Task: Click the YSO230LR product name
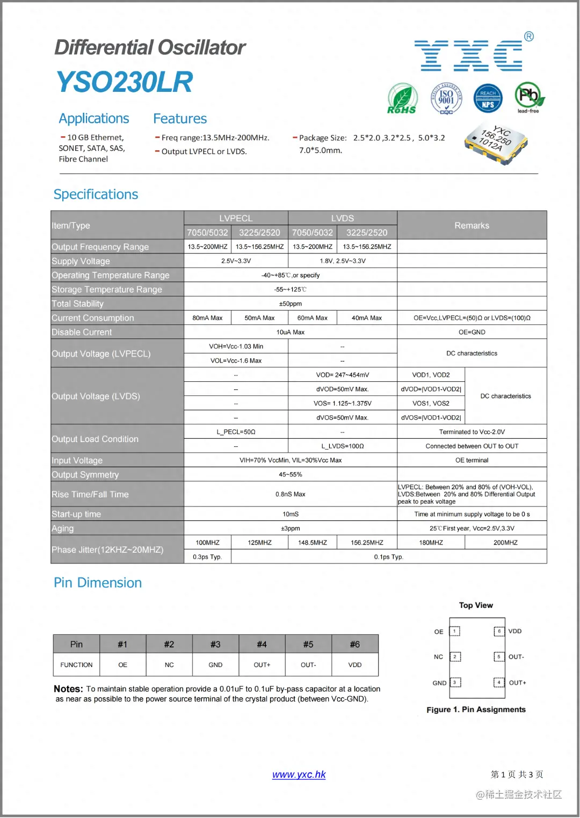[125, 82]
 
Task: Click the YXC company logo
[468, 55]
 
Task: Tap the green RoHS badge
[402, 98]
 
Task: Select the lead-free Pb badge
[529, 97]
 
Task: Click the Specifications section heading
[96, 194]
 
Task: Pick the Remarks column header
[472, 226]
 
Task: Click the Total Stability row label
[78, 303]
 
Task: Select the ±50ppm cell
[290, 303]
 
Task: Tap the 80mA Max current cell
[207, 318]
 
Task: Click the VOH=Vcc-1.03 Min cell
[236, 346]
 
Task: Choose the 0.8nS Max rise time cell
[290, 494]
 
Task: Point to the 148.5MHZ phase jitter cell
[313, 542]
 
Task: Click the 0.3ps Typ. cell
[207, 557]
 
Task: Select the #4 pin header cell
[262, 644]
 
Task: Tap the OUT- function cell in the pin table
[308, 665]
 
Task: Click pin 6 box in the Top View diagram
[499, 631]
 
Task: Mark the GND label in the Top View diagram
[439, 683]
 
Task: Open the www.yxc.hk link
[299, 774]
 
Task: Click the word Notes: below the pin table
[68, 689]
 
